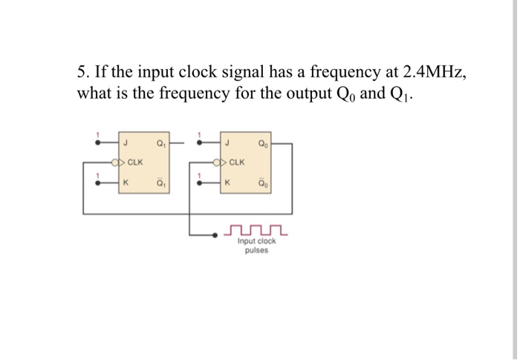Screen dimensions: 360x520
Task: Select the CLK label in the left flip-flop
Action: click(136, 162)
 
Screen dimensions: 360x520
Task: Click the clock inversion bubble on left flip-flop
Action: click(114, 162)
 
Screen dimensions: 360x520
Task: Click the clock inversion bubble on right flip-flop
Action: click(216, 162)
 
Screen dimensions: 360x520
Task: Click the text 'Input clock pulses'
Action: click(256, 246)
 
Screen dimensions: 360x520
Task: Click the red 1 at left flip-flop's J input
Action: click(95, 135)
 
